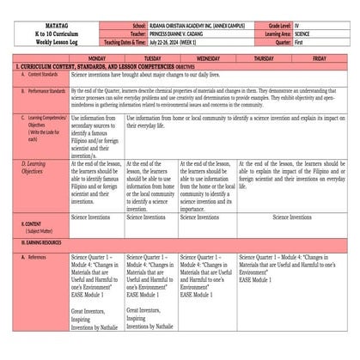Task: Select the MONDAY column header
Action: click(96, 58)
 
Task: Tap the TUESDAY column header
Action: click(151, 58)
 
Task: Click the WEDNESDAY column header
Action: click(207, 58)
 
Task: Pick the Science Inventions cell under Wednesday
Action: click(207, 217)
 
